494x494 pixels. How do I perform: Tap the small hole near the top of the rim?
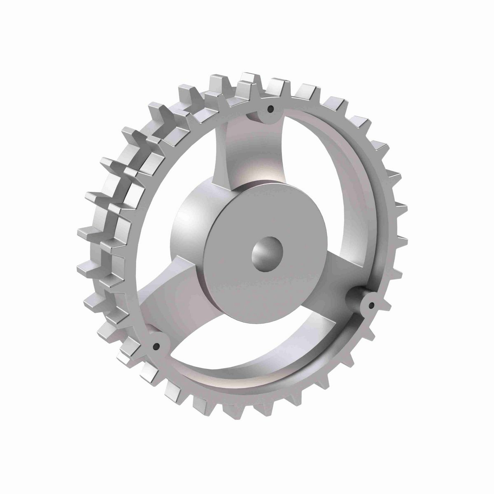coord(270,109)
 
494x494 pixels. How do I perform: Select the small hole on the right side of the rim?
coord(371,305)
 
